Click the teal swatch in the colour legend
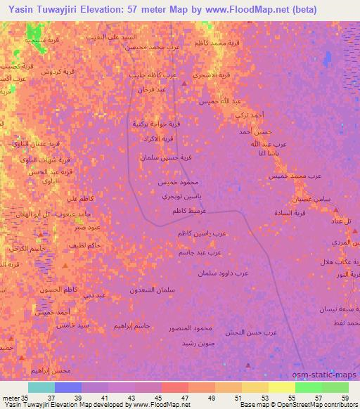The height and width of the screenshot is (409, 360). [x=41, y=387]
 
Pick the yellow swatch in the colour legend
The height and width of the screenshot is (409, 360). [x=281, y=387]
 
